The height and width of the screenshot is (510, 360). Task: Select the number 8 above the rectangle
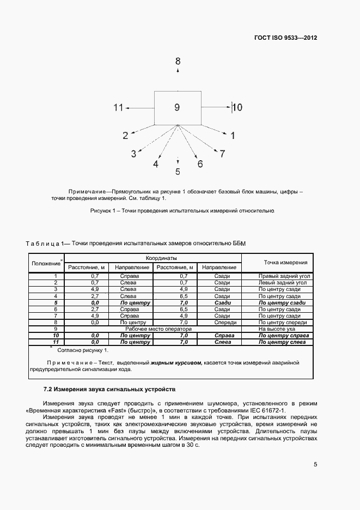tap(178, 62)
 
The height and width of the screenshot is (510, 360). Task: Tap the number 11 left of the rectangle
tap(119, 108)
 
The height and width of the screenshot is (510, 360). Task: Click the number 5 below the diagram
tap(178, 172)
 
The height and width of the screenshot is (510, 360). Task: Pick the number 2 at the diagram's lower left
tap(125, 136)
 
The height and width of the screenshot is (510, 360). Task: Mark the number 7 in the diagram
tap(222, 154)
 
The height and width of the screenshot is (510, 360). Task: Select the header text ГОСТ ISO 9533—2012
tap(285, 38)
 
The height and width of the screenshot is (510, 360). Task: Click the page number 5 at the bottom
tap(315, 465)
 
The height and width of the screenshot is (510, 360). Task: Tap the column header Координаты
tap(152, 258)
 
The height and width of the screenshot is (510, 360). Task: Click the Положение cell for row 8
tap(56, 323)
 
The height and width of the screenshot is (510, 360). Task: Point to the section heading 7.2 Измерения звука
tap(109, 391)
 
